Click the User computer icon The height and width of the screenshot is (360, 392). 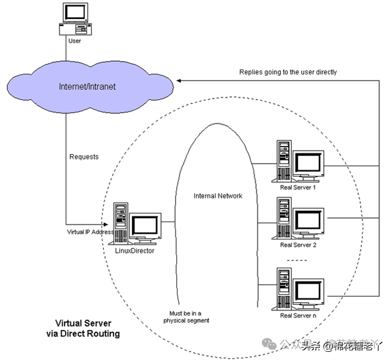tap(75, 19)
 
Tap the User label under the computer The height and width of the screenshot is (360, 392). tap(74, 41)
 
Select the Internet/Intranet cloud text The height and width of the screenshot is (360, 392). tap(87, 87)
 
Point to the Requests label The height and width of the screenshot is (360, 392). tap(84, 157)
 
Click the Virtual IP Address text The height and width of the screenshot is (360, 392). tap(90, 232)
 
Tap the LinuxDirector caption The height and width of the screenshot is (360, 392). tap(135, 251)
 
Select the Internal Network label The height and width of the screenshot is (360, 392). tap(218, 196)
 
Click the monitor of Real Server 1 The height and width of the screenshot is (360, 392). tap(308, 162)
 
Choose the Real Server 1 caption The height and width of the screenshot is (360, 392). tap(298, 187)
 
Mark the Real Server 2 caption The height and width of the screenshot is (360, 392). tap(298, 245)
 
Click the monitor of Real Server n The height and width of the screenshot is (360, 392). tap(308, 291)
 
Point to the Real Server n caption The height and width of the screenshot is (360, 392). tap(298, 316)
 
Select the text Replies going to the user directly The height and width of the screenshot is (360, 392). tap(288, 72)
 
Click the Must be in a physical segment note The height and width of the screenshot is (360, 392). tap(186, 317)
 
